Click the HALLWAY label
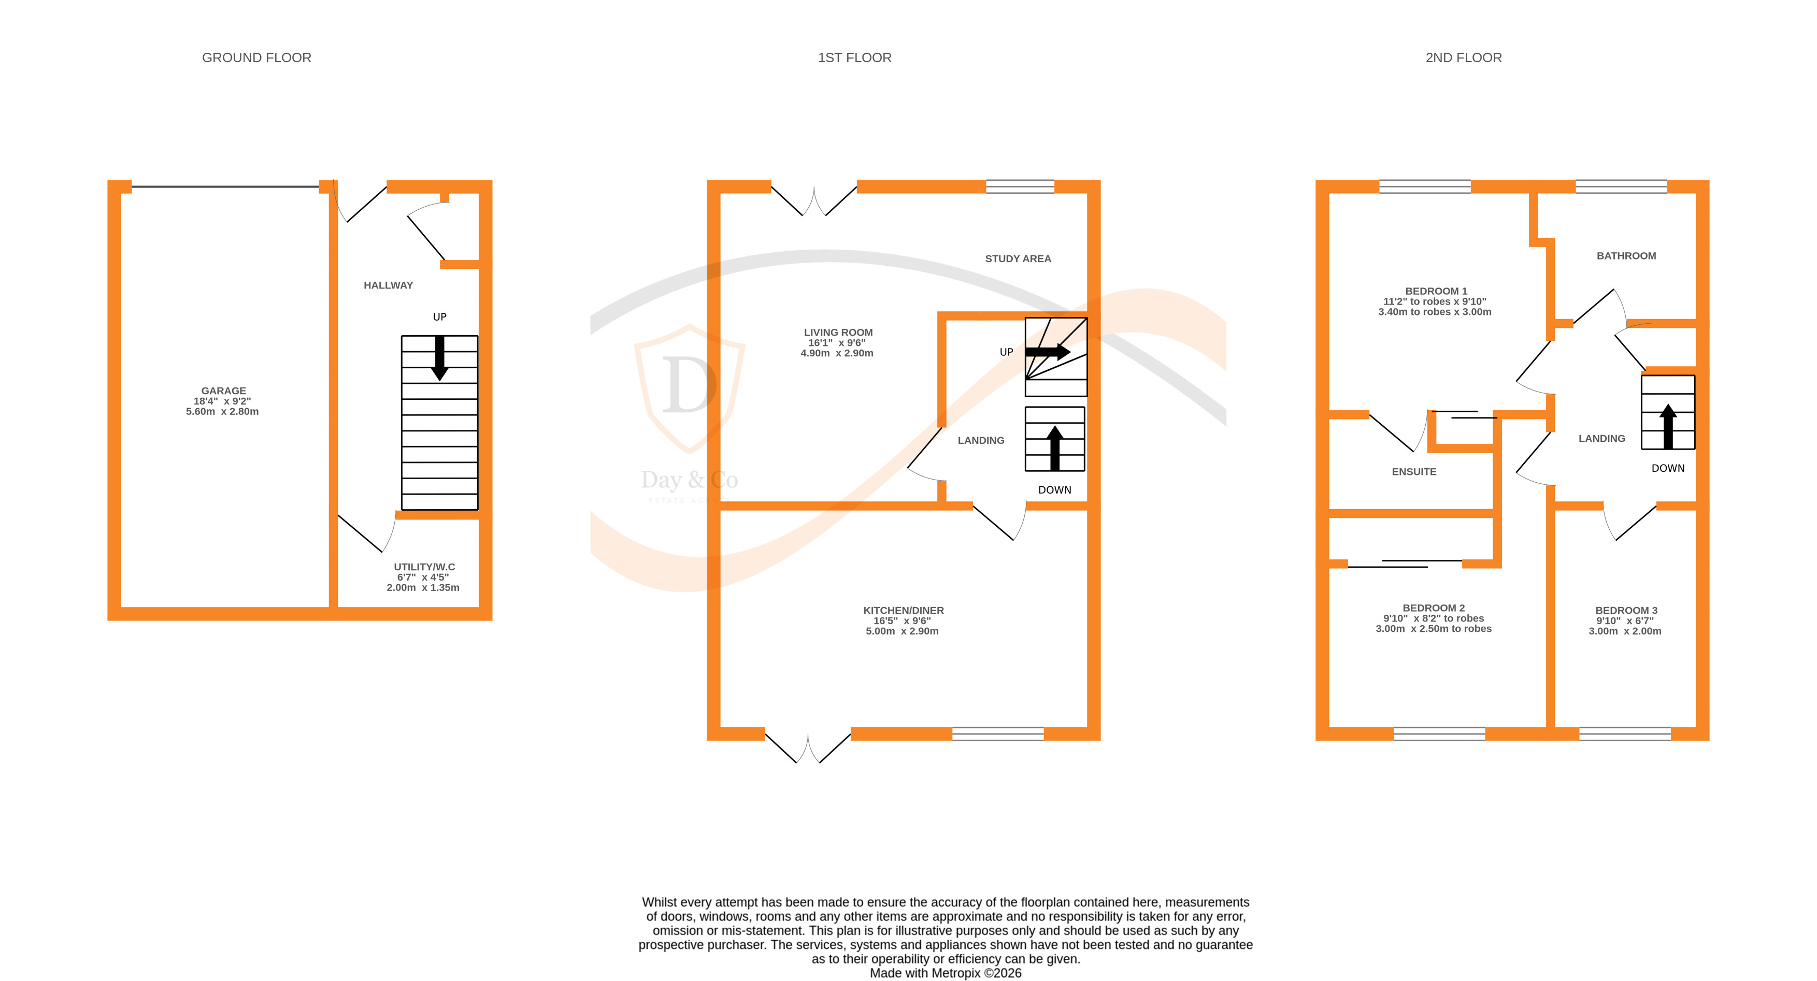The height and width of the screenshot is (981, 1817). tap(388, 285)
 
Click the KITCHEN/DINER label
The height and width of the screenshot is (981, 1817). tap(903, 611)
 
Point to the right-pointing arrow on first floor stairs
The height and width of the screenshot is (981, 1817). tap(1048, 351)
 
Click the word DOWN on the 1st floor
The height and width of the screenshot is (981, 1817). tap(1054, 490)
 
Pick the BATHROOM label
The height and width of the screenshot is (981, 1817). tap(1626, 256)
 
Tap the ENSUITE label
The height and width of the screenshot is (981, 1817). tap(1413, 472)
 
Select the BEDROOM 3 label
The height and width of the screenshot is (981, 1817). tap(1626, 611)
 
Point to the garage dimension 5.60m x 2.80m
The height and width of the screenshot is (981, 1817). tap(222, 412)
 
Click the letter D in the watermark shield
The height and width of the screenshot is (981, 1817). tap(688, 386)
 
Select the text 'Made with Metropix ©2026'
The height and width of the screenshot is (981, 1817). tap(945, 973)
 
